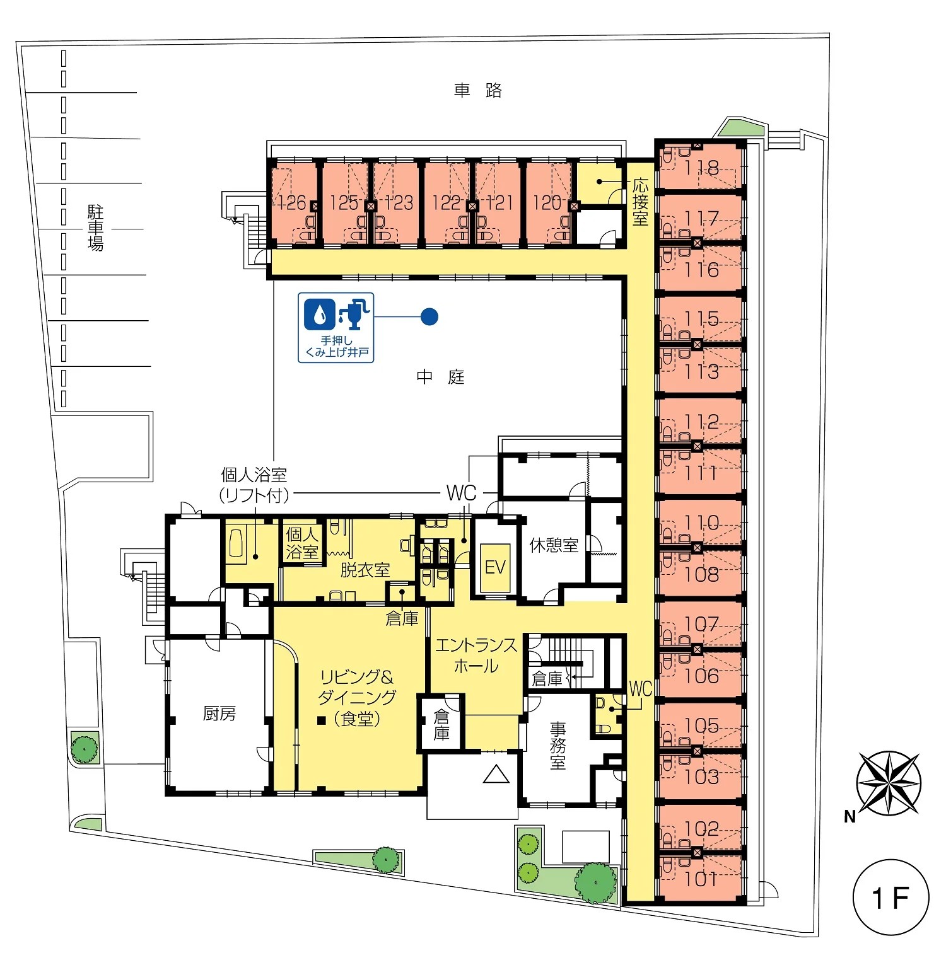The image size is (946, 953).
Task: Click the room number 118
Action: tap(701, 168)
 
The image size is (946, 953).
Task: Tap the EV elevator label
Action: tap(495, 567)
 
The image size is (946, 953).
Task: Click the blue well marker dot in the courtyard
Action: tap(429, 316)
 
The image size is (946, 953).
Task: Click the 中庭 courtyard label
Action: tap(440, 377)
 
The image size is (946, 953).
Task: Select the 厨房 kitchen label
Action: tap(219, 713)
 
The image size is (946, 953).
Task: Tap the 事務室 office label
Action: tap(558, 746)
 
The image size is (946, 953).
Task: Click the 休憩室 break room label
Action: tap(554, 545)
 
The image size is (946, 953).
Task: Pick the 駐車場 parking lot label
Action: tap(95, 228)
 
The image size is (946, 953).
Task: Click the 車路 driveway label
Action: tap(478, 91)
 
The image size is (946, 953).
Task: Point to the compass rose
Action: tap(888, 783)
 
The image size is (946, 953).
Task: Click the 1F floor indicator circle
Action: tap(891, 897)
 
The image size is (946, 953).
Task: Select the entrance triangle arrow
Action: tap(496, 774)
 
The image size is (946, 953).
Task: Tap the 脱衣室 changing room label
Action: tap(365, 570)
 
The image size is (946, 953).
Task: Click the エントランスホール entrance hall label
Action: tap(476, 655)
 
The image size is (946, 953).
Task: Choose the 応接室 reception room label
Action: tap(640, 202)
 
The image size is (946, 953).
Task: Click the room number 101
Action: tap(701, 879)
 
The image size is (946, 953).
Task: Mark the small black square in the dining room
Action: tap(322, 720)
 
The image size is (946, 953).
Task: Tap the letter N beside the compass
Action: tap(850, 817)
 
